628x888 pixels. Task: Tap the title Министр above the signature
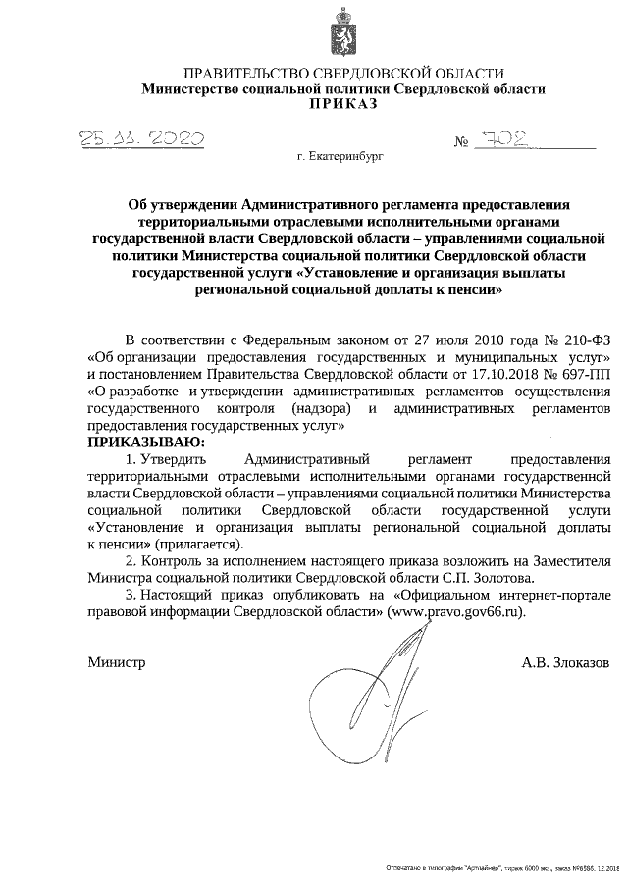point(116,662)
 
